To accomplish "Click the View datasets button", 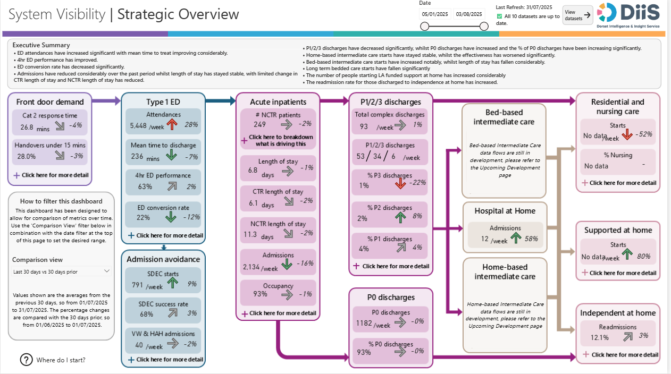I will click(x=577, y=15).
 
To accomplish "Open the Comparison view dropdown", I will click(x=62, y=271).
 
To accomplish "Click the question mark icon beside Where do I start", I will click(x=26, y=360).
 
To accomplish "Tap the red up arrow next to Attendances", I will click(x=171, y=125).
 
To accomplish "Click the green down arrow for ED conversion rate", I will click(x=171, y=217).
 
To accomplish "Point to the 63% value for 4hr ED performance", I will click(x=145, y=186).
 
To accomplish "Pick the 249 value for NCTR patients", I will click(x=259, y=125).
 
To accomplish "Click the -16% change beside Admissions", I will click(x=305, y=264).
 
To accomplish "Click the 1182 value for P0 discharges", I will click(x=364, y=323).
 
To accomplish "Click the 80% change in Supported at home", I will click(x=643, y=256).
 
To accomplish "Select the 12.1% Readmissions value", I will click(x=599, y=337).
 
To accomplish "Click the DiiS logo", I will click(x=628, y=14).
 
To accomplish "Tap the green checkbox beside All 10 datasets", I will click(x=499, y=16).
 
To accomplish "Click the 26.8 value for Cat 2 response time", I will click(x=27, y=127).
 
